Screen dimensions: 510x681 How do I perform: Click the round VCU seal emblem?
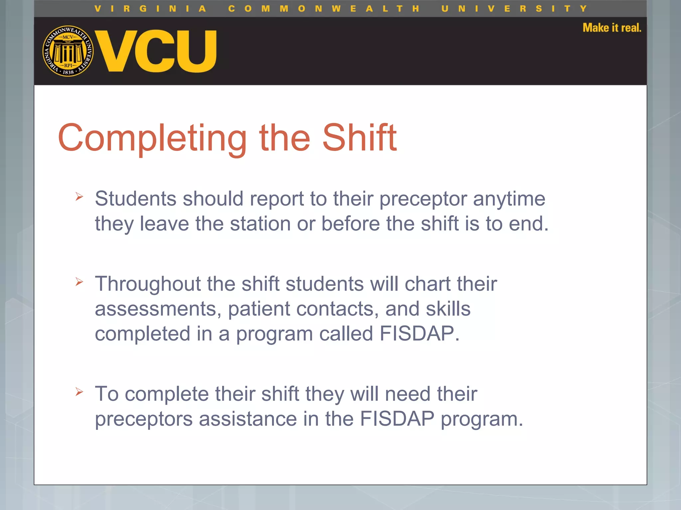pos(68,51)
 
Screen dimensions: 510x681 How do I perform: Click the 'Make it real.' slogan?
pos(612,28)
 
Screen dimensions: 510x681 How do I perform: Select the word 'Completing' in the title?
pos(152,138)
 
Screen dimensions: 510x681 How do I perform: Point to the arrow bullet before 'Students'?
pos(79,196)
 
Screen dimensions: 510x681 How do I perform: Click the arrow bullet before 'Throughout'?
pos(79,282)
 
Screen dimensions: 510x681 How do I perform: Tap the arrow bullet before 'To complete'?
pos(79,392)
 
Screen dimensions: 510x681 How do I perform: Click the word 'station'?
pos(260,223)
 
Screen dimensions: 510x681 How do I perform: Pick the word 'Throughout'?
pos(148,284)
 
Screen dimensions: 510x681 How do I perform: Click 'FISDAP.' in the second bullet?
pos(419,333)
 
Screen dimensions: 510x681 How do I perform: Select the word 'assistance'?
pos(248,419)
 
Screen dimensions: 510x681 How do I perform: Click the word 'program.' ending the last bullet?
pos(482,419)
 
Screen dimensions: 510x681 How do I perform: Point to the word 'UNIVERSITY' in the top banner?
pos(514,9)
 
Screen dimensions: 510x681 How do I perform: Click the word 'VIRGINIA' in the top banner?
pos(150,9)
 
